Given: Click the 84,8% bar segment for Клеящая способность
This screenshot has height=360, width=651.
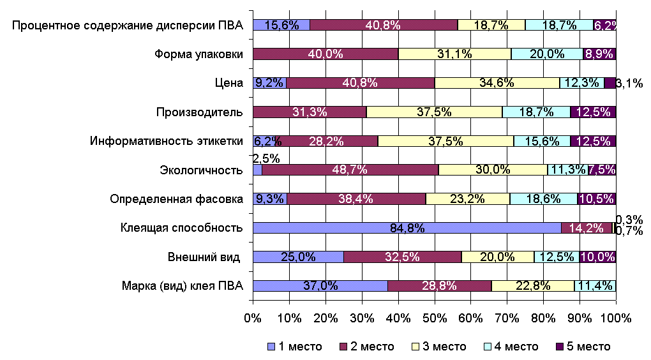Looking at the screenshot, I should pyautogui.click(x=407, y=228).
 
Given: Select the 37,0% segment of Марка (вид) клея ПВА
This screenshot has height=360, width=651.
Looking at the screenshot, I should pyautogui.click(x=320, y=285).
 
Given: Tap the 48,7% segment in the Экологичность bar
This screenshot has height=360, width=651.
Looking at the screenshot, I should pyautogui.click(x=350, y=170).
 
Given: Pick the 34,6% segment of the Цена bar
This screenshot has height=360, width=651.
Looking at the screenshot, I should pyautogui.click(x=497, y=83).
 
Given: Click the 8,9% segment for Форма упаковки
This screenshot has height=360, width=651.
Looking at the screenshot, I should pyautogui.click(x=599, y=54).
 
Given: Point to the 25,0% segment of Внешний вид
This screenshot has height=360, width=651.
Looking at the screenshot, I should pyautogui.click(x=298, y=257).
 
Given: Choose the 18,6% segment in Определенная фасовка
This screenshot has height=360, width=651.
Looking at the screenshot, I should pyautogui.click(x=543, y=199).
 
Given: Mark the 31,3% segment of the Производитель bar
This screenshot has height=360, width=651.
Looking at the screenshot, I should pyautogui.click(x=310, y=112).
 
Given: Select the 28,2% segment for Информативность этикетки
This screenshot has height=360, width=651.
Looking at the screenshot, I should pyautogui.click(x=327, y=141).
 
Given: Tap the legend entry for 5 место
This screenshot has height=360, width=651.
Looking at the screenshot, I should pyautogui.click(x=583, y=347).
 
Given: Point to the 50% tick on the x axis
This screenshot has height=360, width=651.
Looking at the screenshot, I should pyautogui.click(x=434, y=317).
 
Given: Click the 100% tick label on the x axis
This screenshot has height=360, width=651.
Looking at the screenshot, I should pyautogui.click(x=616, y=317).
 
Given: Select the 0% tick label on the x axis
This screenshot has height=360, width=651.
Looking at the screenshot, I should pyautogui.click(x=253, y=317).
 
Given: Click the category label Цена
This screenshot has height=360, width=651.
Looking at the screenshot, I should pyautogui.click(x=230, y=83).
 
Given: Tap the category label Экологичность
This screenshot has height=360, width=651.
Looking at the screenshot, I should pyautogui.click(x=201, y=170).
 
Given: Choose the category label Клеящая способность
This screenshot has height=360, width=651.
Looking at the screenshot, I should pyautogui.click(x=182, y=228).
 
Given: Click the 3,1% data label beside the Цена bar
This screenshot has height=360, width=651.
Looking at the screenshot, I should pyautogui.click(x=629, y=83).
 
